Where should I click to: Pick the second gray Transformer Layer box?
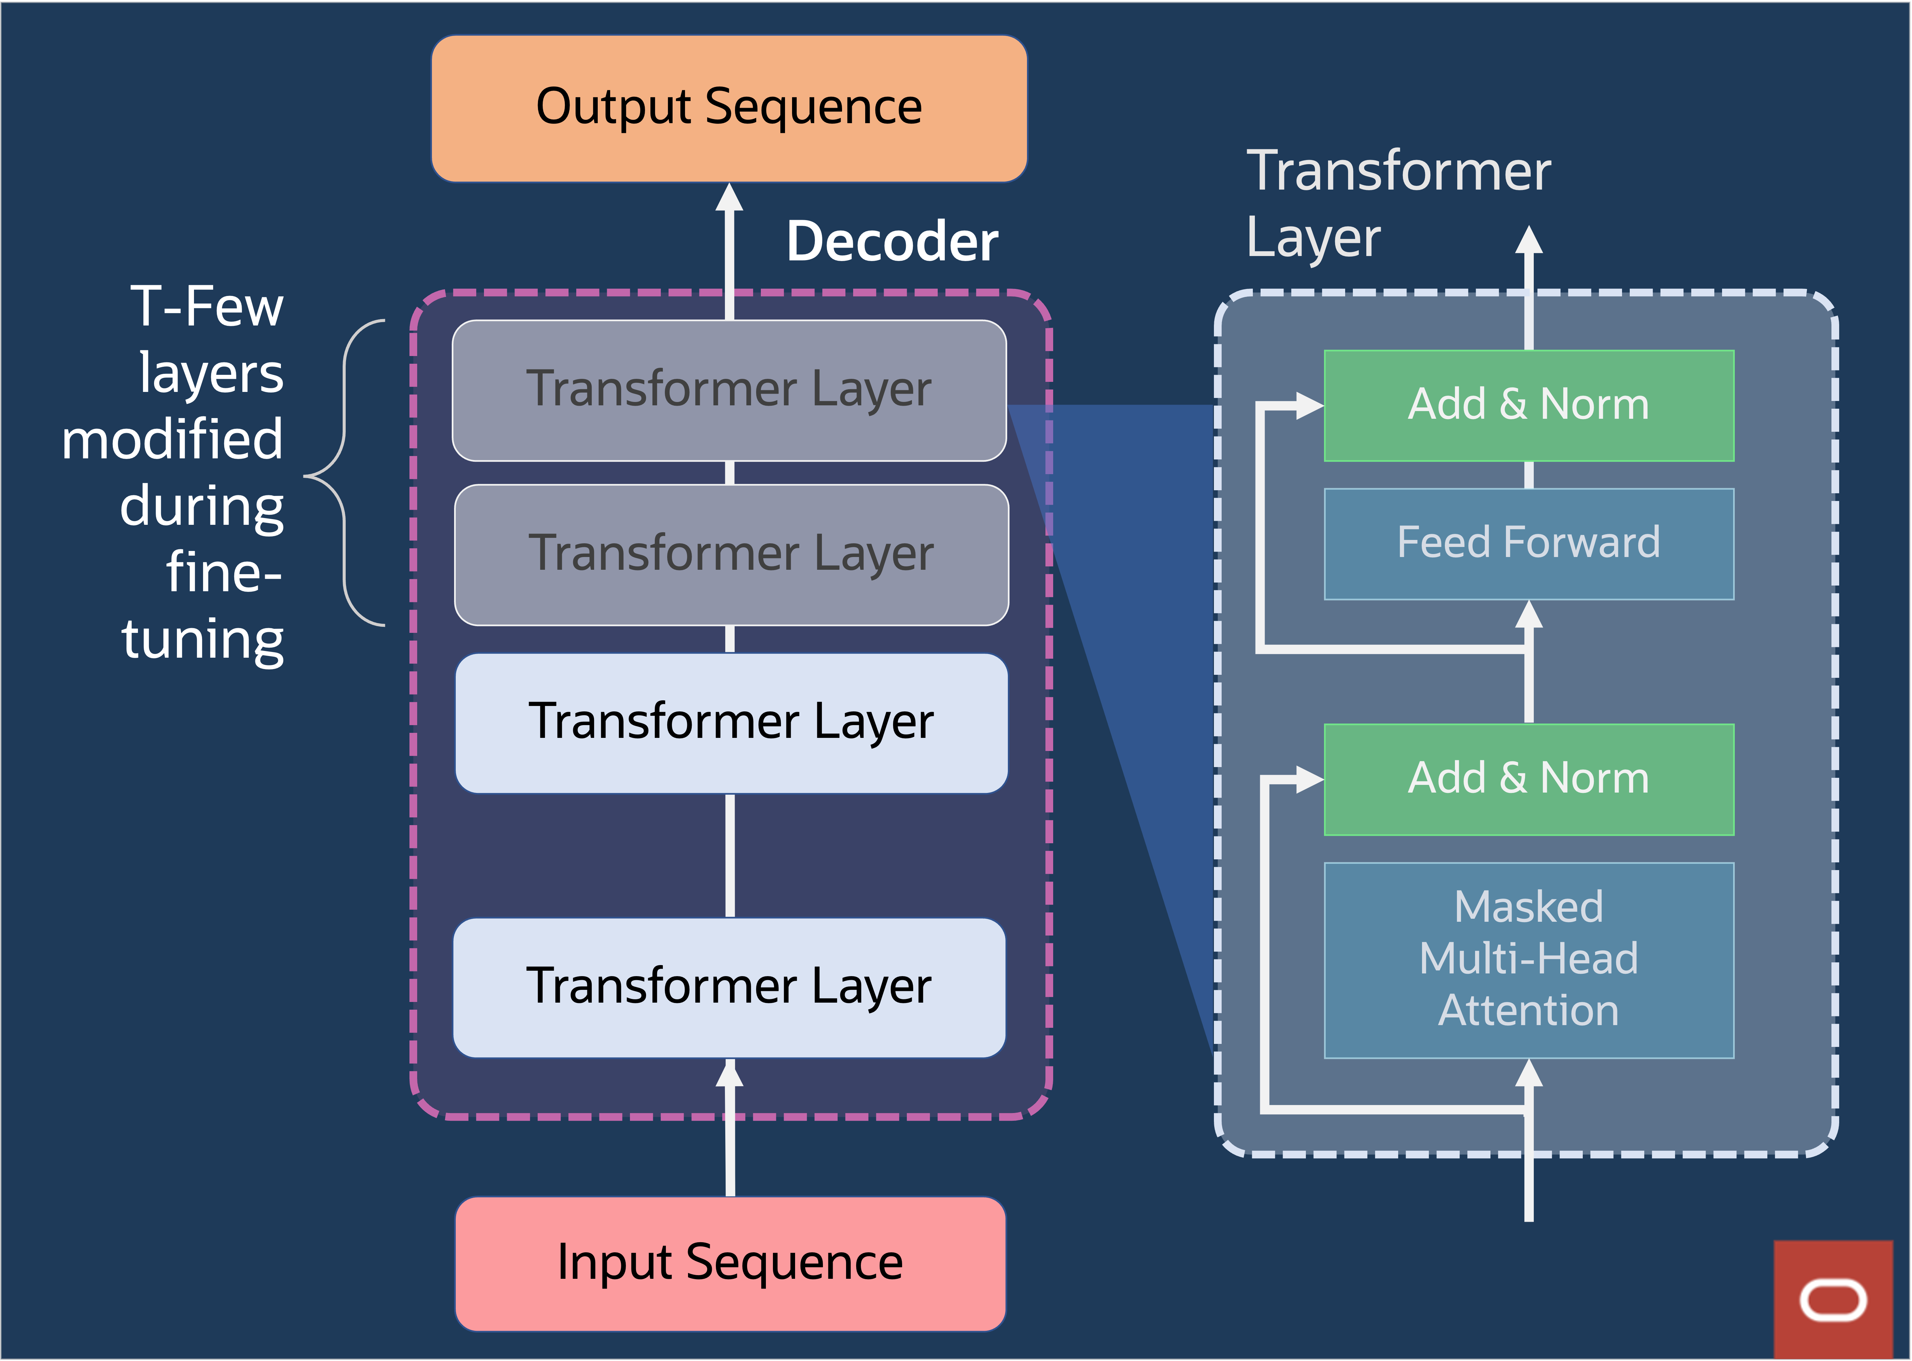tap(731, 554)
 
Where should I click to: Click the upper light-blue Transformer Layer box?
tap(731, 722)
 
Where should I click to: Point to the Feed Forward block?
tap(1528, 543)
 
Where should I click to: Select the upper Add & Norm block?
tap(1528, 405)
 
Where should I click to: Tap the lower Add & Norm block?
tap(1528, 778)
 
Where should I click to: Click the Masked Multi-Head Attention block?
tap(1528, 960)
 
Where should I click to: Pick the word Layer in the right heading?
tap(1313, 239)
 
